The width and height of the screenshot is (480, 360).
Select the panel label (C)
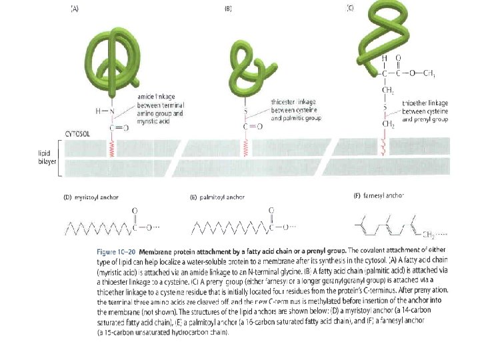click(x=350, y=8)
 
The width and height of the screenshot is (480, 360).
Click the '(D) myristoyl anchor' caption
click(x=91, y=197)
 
